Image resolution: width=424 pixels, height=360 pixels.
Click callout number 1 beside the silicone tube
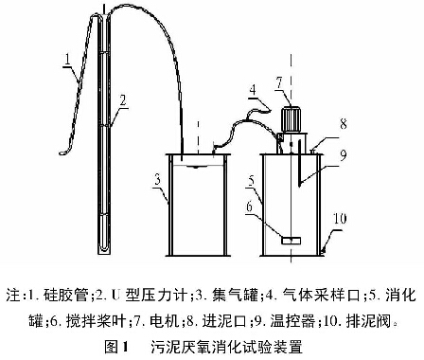67,59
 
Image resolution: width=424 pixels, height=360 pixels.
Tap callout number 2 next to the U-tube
123,100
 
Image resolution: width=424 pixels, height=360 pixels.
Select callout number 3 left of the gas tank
157,180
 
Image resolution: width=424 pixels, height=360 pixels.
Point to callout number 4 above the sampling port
253,90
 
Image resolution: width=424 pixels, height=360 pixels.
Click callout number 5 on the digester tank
251,181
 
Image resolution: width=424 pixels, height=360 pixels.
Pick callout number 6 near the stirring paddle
249,207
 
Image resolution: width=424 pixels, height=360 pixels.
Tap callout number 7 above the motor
279,82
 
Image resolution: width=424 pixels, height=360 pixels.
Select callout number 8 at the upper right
344,123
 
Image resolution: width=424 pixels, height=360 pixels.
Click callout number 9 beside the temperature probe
343,154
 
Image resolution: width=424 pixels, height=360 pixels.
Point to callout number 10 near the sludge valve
340,219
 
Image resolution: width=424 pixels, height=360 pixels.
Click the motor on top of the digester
291,119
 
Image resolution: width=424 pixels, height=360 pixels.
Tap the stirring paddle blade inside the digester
291,241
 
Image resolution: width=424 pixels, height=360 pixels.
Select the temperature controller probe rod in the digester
299,163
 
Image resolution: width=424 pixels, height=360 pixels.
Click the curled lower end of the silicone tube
65,152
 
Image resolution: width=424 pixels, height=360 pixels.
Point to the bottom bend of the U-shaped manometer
104,249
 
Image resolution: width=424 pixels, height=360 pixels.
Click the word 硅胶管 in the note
66,296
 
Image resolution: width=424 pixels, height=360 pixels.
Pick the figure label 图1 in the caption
116,347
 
